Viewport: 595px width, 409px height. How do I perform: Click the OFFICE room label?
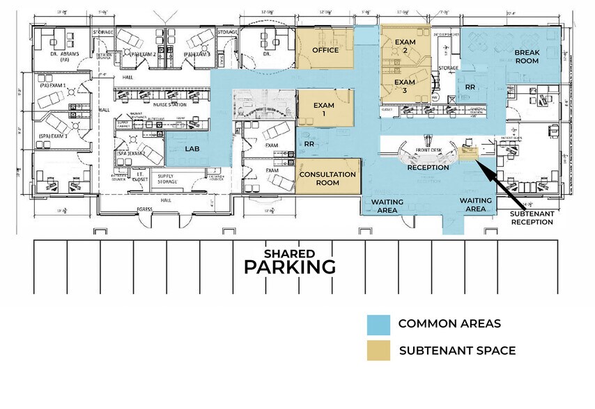325,50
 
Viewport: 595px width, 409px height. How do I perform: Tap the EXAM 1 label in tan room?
323,109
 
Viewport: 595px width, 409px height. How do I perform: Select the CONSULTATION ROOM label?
328,179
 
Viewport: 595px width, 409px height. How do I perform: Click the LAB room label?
193,149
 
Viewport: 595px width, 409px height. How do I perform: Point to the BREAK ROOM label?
528,57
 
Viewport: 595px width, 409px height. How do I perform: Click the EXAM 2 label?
405,46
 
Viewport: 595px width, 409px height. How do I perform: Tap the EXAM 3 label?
405,86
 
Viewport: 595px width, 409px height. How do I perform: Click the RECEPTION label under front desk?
428,168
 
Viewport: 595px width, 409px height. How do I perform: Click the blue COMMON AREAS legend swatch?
378,324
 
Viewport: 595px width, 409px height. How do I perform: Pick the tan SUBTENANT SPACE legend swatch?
378,351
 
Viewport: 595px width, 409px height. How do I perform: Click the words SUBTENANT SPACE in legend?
457,351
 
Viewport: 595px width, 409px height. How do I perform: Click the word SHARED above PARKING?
289,253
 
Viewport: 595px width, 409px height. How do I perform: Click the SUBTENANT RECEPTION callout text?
532,218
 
